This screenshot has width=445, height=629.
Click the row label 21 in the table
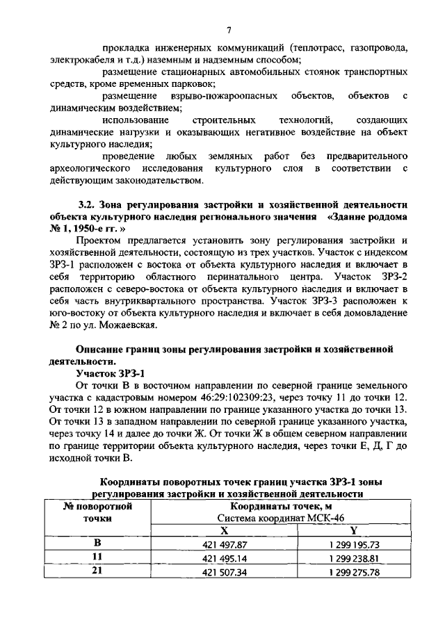tap(97, 572)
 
